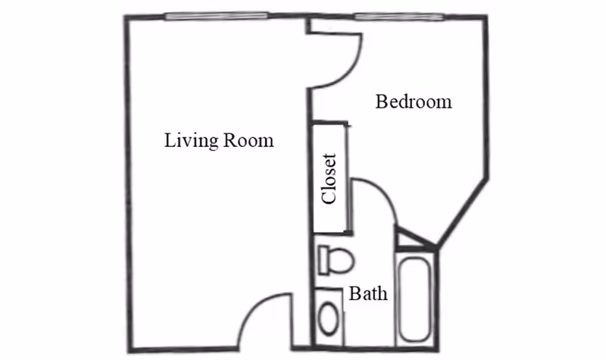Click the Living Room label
coord(219,141)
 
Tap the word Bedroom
coord(414,102)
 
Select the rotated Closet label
coord(329,180)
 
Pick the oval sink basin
coord(330,319)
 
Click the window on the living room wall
coord(217,16)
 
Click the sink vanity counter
coord(330,318)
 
